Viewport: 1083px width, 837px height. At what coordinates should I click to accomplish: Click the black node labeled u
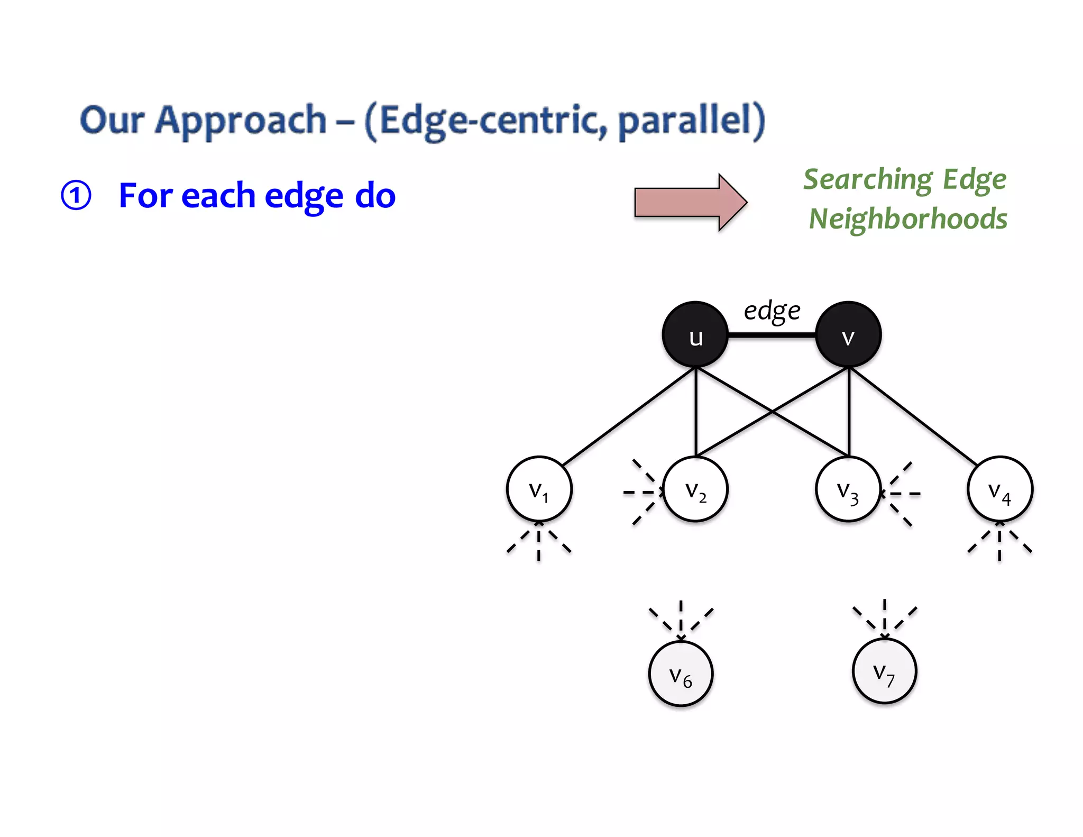coord(695,335)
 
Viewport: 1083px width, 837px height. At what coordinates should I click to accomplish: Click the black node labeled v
coord(848,335)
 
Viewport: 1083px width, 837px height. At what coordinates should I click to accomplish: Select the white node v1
coord(539,489)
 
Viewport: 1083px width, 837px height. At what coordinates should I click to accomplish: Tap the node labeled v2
coord(695,489)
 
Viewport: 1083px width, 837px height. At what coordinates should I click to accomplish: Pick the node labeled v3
coord(848,489)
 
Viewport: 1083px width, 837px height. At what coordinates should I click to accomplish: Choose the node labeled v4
coord(1000,489)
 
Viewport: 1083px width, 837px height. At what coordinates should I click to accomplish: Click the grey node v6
coord(681,674)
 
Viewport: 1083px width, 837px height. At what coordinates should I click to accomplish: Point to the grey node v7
coord(884,671)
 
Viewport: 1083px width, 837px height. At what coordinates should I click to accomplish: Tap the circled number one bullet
coord(76,195)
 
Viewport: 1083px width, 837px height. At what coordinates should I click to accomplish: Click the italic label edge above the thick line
coord(772,311)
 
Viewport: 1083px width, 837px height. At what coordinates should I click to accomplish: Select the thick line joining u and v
coord(772,335)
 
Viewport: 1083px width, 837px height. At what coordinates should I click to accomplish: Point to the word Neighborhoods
coord(908,219)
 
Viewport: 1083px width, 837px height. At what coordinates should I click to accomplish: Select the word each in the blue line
coord(218,195)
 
